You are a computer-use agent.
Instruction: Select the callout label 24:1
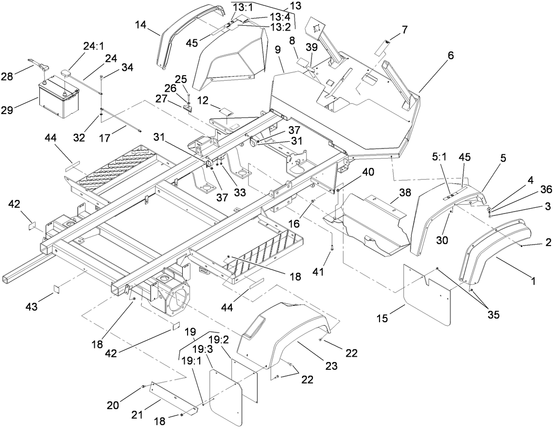point(93,47)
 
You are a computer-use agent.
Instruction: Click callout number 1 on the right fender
point(533,280)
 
